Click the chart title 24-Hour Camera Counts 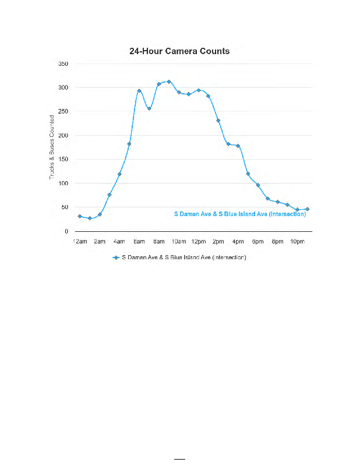pyautogui.click(x=179, y=51)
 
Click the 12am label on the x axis pyautogui.click(x=80, y=241)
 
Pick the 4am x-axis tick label pyautogui.click(x=119, y=241)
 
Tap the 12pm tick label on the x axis pyautogui.click(x=198, y=241)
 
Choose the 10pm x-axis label pyautogui.click(x=297, y=241)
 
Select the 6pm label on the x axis pyautogui.click(x=257, y=241)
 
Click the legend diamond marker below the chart pyautogui.click(x=116, y=257)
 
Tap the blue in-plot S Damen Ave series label pyautogui.click(x=240, y=214)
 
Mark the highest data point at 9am pyautogui.click(x=169, y=82)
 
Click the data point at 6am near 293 pyautogui.click(x=139, y=91)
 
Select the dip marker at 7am pyautogui.click(x=149, y=108)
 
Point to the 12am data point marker pyautogui.click(x=80, y=216)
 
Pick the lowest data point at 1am pyautogui.click(x=90, y=218)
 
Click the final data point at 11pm pyautogui.click(x=307, y=209)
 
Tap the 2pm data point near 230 pyautogui.click(x=218, y=121)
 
